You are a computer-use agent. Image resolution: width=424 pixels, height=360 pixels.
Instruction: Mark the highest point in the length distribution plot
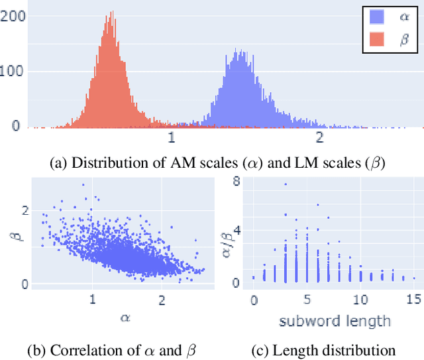pos(286,184)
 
